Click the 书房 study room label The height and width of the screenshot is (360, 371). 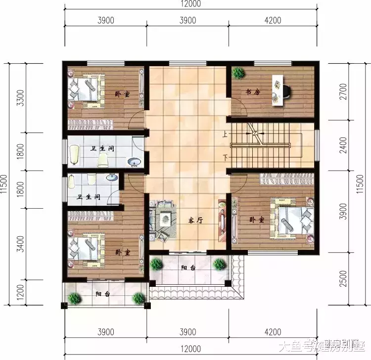click(x=253, y=92)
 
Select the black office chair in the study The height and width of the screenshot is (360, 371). click(x=286, y=91)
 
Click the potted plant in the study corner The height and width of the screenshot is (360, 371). click(x=239, y=73)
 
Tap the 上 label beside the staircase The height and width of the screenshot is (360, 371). click(x=225, y=134)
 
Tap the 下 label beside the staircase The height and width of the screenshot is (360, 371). click(x=225, y=158)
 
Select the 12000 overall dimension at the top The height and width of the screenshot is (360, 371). click(x=191, y=6)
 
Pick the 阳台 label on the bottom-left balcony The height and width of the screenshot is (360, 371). click(x=103, y=294)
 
